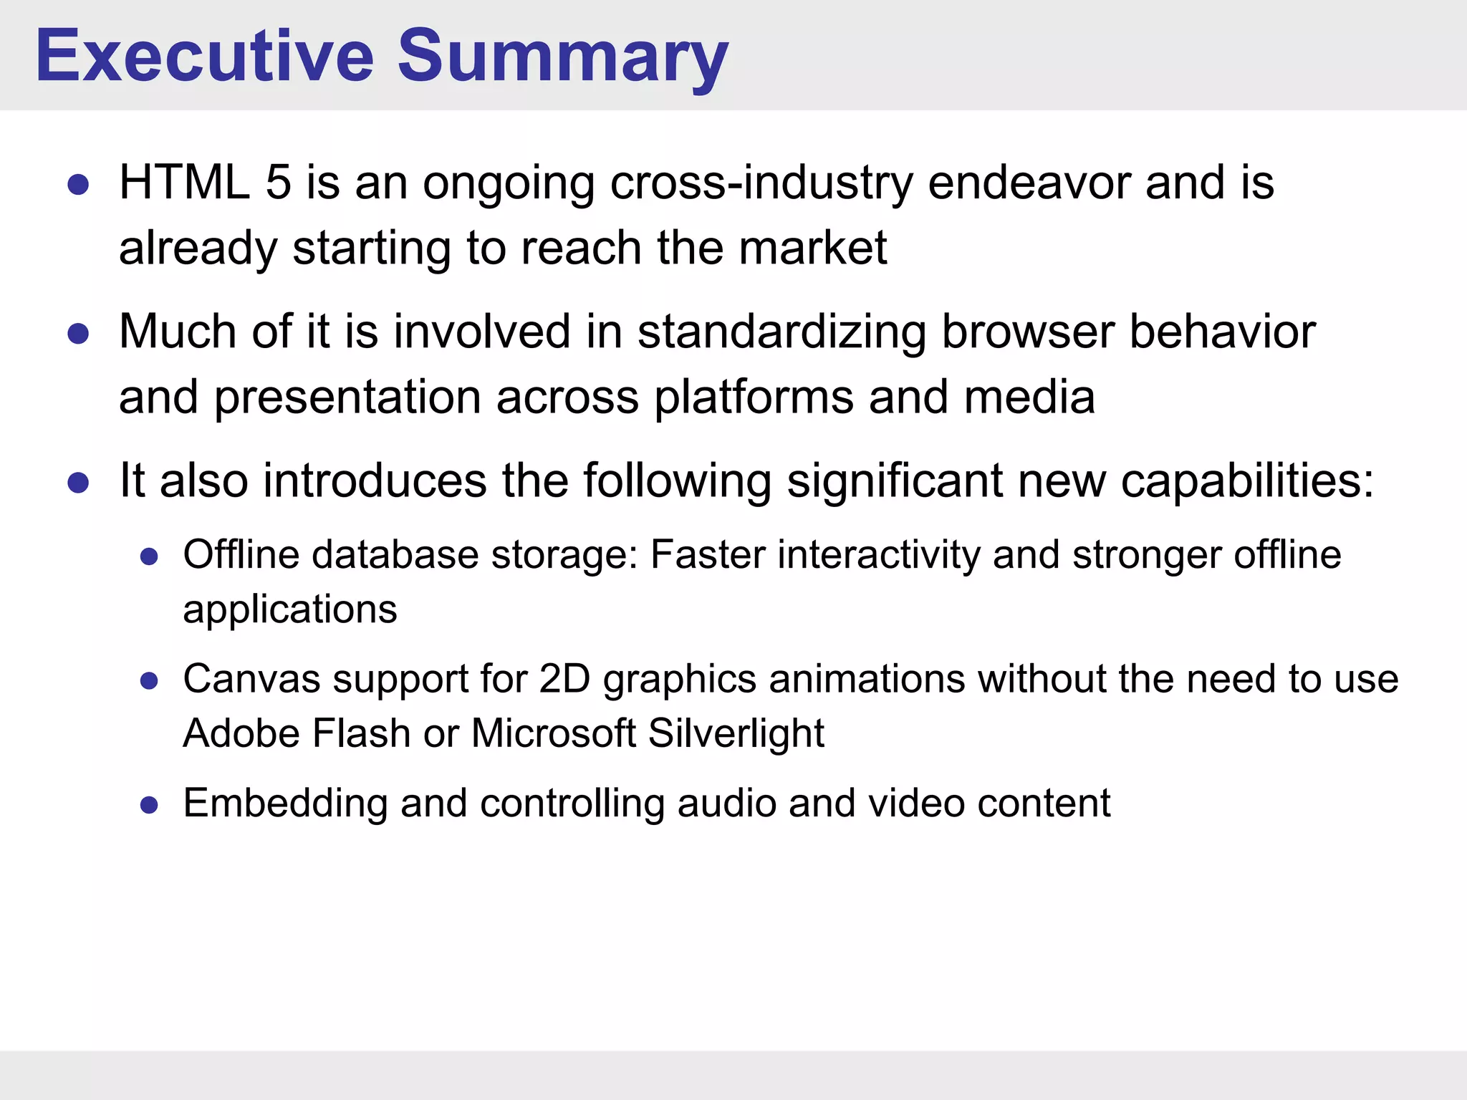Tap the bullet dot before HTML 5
(x=78, y=185)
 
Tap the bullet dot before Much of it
(x=78, y=334)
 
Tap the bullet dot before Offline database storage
(x=149, y=557)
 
